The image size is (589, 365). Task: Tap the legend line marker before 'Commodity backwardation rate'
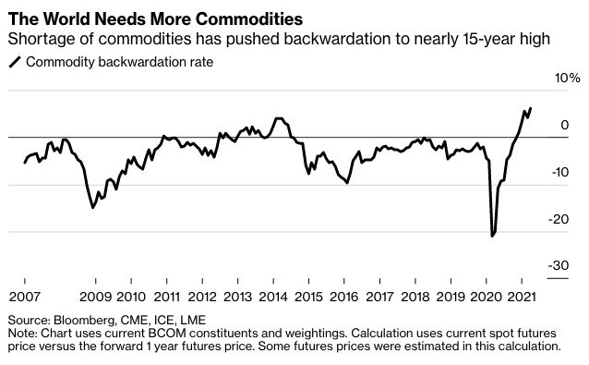point(15,63)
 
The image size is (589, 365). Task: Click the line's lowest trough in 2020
point(492,236)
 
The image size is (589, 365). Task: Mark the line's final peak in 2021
point(530,108)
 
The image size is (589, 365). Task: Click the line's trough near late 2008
point(93,207)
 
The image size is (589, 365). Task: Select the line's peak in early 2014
point(278,118)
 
